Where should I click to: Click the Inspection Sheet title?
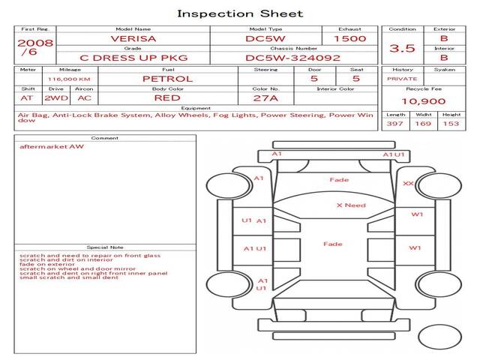(x=240, y=13)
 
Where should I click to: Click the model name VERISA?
(x=133, y=38)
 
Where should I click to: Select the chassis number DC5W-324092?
(x=293, y=58)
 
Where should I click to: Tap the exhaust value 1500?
(x=350, y=38)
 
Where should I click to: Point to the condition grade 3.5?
(x=402, y=48)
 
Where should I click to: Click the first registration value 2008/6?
(x=35, y=46)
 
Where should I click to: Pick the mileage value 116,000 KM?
(x=69, y=79)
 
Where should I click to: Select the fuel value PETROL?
(x=168, y=79)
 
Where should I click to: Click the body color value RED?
(x=167, y=98)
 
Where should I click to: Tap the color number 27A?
(x=265, y=98)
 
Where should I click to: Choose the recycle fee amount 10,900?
(x=423, y=101)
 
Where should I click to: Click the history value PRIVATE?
(x=402, y=79)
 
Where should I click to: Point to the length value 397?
(x=395, y=124)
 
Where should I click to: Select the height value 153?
(x=451, y=124)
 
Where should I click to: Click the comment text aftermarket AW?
(x=52, y=146)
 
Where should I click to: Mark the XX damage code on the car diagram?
(x=408, y=183)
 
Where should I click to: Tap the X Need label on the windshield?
(x=351, y=205)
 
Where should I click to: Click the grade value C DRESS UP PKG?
(x=133, y=58)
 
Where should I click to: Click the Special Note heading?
(x=105, y=247)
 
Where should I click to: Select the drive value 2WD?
(x=56, y=98)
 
